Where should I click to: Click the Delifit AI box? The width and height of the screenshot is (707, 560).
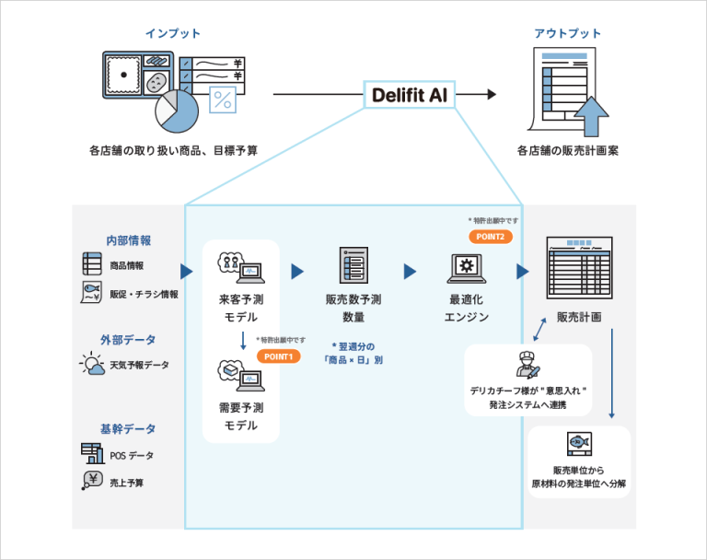pos(409,95)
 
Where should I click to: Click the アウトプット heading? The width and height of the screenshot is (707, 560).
pos(567,34)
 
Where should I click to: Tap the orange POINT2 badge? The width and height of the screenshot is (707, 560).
pos(491,237)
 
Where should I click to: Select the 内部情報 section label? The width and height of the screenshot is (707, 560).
pos(128,240)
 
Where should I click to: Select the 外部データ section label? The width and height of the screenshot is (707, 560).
pos(128,339)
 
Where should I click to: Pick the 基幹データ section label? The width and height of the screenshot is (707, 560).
pos(128,428)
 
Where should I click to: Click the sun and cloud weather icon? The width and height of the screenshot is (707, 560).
pos(92,365)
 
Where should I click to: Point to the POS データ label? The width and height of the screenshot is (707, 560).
pos(132,455)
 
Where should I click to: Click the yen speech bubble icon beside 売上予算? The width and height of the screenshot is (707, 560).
pos(91,481)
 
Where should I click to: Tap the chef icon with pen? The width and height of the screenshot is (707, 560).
pos(527,365)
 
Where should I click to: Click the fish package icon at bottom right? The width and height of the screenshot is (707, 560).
pos(579,443)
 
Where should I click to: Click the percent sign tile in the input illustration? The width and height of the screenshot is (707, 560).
pos(222,99)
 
